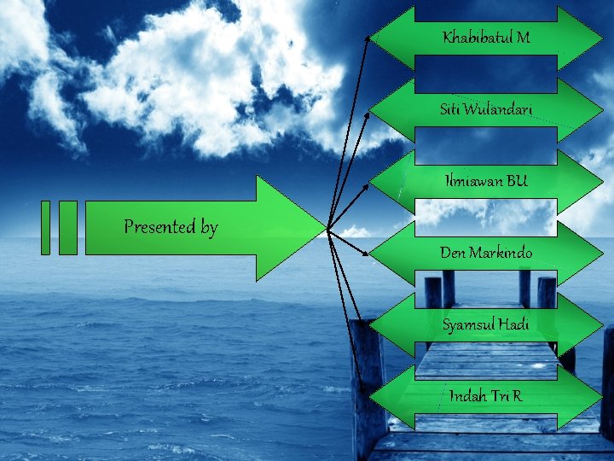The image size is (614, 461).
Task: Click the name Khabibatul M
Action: pyautogui.click(x=486, y=38)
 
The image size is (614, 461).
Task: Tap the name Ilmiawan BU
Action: pyautogui.click(x=486, y=181)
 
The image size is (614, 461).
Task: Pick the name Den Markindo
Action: pyautogui.click(x=486, y=253)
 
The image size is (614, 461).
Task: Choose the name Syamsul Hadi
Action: pyautogui.click(x=486, y=324)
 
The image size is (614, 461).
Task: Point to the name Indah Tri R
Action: pyautogui.click(x=486, y=396)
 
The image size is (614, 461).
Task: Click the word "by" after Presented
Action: pyautogui.click(x=209, y=228)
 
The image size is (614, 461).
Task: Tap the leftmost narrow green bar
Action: pyautogui.click(x=46, y=227)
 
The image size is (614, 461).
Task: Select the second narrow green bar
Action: pyautogui.click(x=68, y=227)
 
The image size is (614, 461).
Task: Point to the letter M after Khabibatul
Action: pyautogui.click(x=523, y=38)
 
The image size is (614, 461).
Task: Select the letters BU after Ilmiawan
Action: pyautogui.click(x=516, y=181)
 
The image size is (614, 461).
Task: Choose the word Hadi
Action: pyautogui.click(x=514, y=324)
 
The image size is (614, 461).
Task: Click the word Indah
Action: pyautogui.click(x=468, y=396)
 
